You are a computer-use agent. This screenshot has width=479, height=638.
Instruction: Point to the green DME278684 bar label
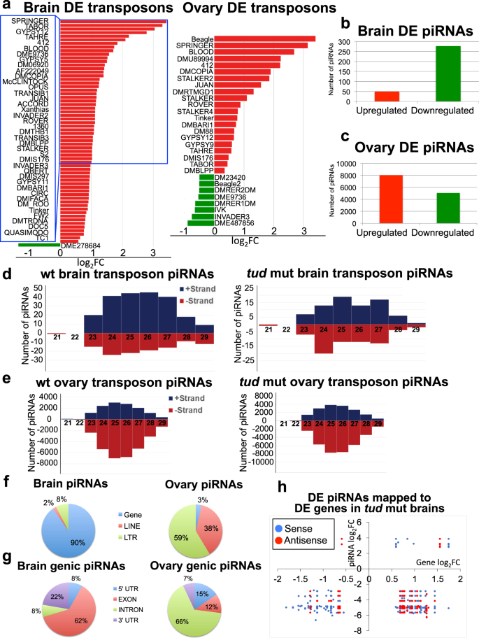(x=80, y=246)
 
